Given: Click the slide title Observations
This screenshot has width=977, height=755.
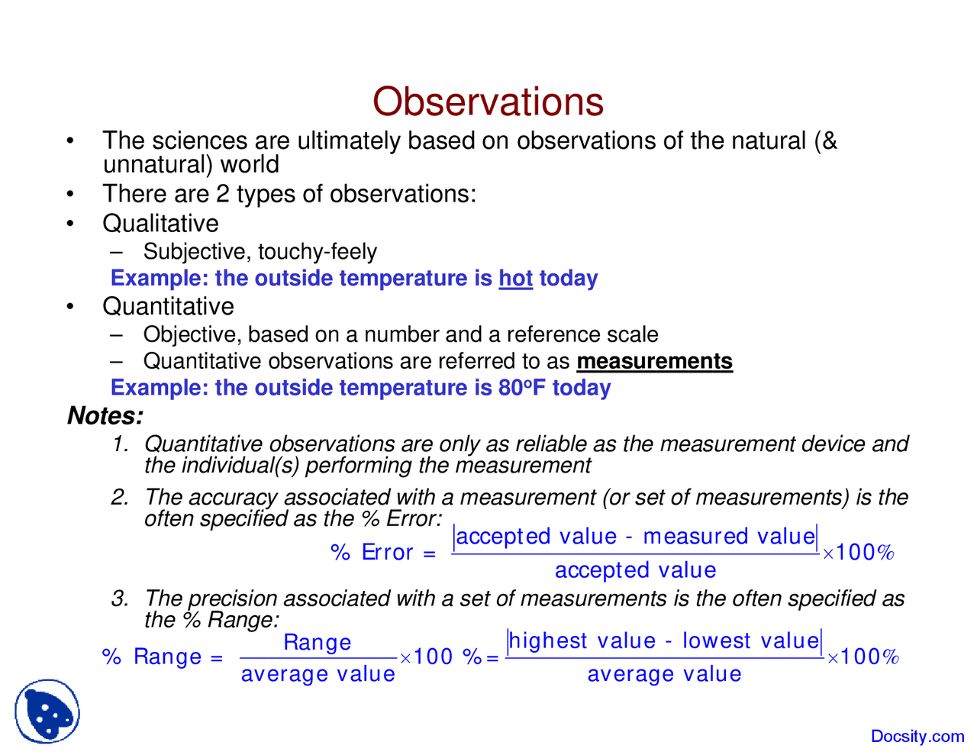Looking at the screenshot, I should [488, 102].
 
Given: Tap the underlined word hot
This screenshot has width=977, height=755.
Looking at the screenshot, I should [515, 278].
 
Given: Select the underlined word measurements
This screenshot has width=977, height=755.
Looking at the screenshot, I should [654, 361].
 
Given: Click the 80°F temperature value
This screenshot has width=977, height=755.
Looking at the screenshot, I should [522, 388].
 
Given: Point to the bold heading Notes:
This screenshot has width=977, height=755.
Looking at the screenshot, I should [105, 416].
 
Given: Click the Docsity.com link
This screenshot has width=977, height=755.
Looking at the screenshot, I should [917, 736].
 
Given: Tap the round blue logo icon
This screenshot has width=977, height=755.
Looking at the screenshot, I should [47, 711].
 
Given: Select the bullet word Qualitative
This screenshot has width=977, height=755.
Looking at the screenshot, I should [160, 224].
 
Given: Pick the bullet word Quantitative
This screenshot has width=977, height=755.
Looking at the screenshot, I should [168, 306].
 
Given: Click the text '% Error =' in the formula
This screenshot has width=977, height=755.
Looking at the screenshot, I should [383, 552].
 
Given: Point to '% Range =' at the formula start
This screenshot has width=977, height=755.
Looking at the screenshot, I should [163, 657].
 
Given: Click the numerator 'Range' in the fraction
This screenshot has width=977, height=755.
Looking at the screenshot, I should [318, 642].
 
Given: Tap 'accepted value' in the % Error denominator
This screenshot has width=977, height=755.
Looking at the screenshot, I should [635, 570].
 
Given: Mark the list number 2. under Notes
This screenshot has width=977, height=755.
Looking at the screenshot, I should [120, 497].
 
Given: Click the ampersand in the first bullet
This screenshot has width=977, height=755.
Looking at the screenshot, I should [829, 141].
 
